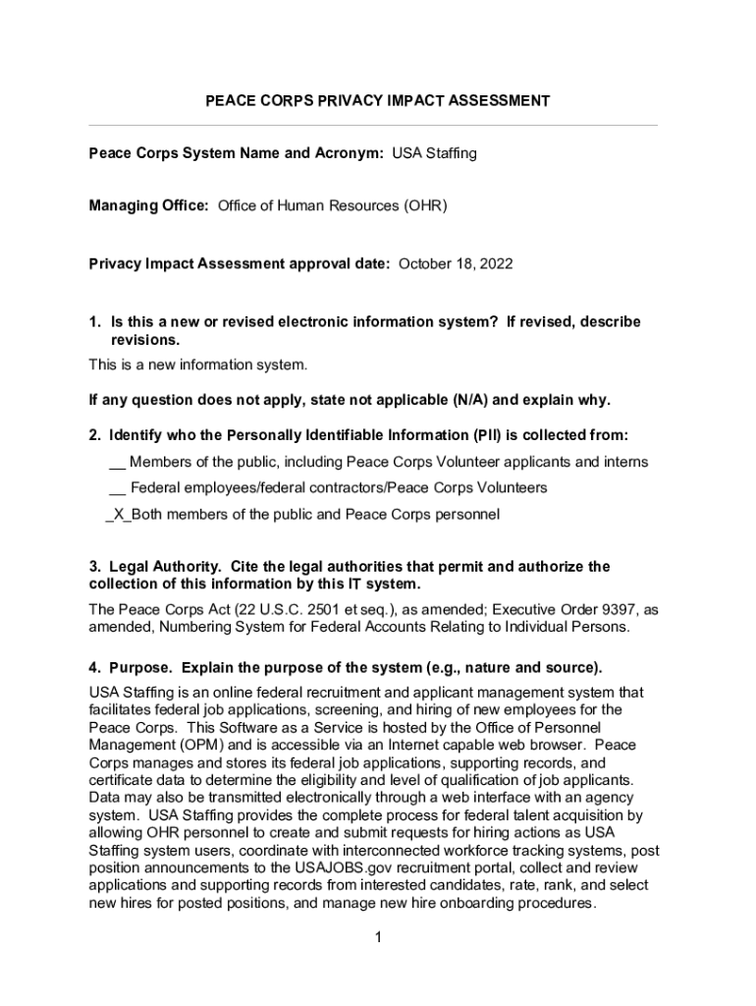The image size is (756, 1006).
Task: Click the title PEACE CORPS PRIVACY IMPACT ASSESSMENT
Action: [377, 101]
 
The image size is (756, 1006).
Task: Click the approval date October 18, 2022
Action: [456, 264]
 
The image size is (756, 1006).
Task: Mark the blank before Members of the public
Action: [117, 462]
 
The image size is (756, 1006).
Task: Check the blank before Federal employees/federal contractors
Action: [117, 487]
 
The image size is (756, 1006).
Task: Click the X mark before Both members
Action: [118, 514]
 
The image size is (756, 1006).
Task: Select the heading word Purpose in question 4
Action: [140, 668]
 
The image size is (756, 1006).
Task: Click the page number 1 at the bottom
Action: [377, 937]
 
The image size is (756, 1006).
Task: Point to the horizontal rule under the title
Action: [373, 126]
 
